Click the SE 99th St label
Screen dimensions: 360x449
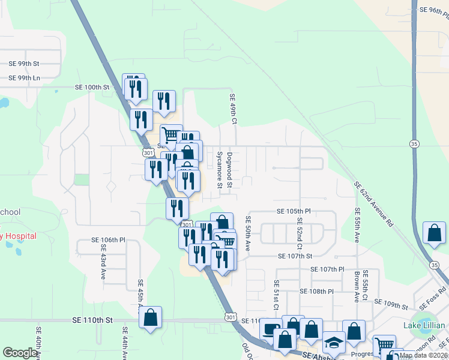coord(24,63)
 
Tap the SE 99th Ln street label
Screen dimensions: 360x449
coord(24,78)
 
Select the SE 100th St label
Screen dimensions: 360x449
coord(92,87)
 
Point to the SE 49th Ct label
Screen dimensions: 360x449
coord(234,109)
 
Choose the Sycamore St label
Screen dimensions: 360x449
coord(219,170)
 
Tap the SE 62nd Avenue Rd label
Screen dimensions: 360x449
coord(373,204)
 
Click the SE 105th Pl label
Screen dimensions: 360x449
coord(294,211)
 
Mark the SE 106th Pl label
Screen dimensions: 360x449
coord(108,239)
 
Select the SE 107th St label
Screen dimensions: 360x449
coord(295,256)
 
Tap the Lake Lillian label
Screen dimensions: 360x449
coord(424,325)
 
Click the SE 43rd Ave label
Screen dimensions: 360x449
coord(103,266)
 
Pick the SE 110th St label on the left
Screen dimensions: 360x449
coord(92,320)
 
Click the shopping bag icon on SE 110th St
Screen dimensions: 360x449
coord(150,317)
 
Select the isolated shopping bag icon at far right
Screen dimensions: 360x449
coord(434,233)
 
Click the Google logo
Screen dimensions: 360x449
coord(20,353)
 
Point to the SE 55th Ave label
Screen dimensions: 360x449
coord(357,225)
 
